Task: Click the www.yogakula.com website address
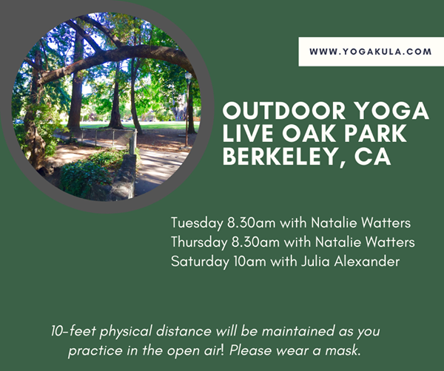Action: (x=371, y=52)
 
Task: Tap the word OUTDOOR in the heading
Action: (x=284, y=111)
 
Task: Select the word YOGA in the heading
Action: (x=392, y=111)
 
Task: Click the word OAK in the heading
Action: (x=310, y=133)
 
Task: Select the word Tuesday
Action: (x=197, y=223)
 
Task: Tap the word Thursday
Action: (x=199, y=242)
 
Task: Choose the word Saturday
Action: (x=200, y=262)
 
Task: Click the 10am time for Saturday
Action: (x=250, y=262)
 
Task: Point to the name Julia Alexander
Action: (x=350, y=262)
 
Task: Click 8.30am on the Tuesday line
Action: (x=252, y=223)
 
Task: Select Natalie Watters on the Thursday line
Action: (x=365, y=242)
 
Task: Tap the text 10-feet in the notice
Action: (x=73, y=331)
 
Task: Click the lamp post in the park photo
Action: (x=188, y=109)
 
